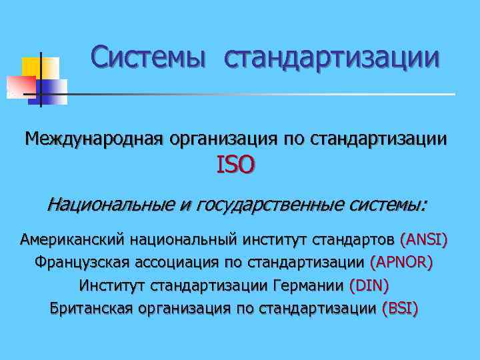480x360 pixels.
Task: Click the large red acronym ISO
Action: tap(235, 165)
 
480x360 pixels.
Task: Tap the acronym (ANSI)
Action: tap(423, 239)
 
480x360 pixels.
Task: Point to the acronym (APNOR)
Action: tap(401, 263)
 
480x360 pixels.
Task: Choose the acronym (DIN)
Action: tap(369, 285)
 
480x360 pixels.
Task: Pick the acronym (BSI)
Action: tap(400, 309)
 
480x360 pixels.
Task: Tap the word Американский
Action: tap(73, 239)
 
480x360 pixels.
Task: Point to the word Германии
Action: tap(308, 285)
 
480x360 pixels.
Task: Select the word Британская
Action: tap(91, 309)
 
